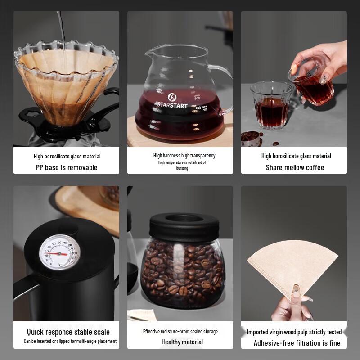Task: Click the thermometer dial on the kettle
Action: [59, 253]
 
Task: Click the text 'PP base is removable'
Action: [67, 167]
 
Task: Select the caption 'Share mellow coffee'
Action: [295, 167]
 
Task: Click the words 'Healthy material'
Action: [182, 342]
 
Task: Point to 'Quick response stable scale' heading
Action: [68, 332]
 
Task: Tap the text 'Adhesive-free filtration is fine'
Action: [297, 343]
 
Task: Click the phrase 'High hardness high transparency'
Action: [184, 156]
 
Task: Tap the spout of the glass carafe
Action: [149, 50]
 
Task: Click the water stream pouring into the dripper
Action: [61, 27]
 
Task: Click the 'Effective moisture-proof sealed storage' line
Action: [180, 332]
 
